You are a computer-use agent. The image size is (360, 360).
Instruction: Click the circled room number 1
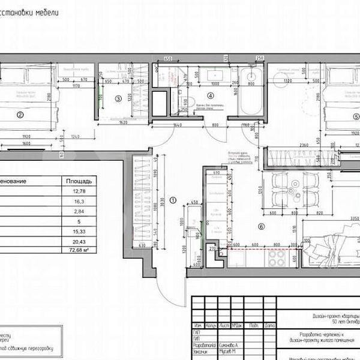(172, 200)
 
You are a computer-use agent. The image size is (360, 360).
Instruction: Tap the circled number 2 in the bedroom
(20, 115)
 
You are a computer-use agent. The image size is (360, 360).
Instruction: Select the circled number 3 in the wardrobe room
(119, 98)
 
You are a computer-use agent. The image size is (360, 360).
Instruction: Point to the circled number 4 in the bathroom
(210, 95)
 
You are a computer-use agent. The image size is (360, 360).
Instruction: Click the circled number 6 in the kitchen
(260, 226)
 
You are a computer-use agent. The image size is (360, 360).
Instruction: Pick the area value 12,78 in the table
(79, 191)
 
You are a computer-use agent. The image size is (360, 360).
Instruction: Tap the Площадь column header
(79, 180)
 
